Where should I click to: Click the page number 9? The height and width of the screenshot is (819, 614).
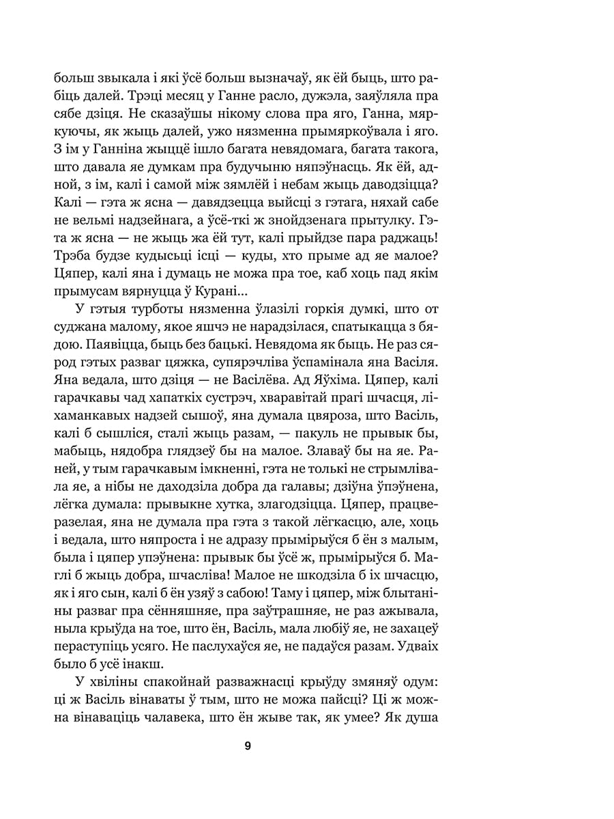pos(248,745)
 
